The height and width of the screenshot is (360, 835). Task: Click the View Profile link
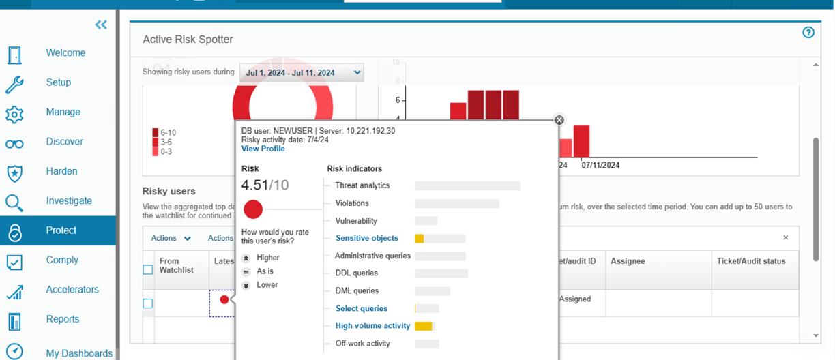tap(263, 149)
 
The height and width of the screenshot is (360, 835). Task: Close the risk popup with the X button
tap(559, 120)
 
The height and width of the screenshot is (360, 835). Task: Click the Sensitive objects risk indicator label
tap(367, 238)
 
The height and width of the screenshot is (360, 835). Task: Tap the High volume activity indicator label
tap(372, 326)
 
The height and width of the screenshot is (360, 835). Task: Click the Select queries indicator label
tap(362, 308)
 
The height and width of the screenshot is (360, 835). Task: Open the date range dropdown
tap(301, 72)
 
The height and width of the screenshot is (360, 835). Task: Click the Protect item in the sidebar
tap(61, 230)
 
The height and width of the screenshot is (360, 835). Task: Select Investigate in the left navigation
tap(69, 200)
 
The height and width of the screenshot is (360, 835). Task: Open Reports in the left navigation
tap(63, 319)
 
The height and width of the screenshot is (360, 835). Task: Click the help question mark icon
tap(808, 33)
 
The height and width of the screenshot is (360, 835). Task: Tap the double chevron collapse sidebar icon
tap(101, 25)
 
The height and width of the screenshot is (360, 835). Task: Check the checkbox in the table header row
tap(147, 270)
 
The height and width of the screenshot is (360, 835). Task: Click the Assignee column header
tap(628, 261)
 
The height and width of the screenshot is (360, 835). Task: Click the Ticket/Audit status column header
tap(751, 261)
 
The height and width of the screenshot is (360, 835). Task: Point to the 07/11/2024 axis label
tap(600, 165)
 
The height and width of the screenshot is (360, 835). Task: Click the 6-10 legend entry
tap(166, 132)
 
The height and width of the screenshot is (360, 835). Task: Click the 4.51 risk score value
tap(254, 185)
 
